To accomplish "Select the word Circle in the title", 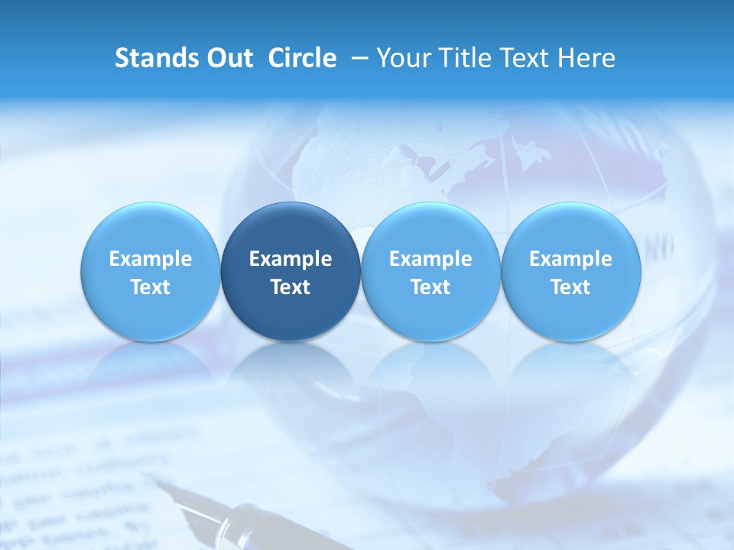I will coord(302,58).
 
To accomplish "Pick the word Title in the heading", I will coord(466,58).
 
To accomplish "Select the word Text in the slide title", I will coord(527,58).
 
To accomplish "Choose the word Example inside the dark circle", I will coord(291,259).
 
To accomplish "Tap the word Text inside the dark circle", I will coord(291,287).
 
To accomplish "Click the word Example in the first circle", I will coord(151,259).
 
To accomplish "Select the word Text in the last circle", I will coord(571,287).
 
